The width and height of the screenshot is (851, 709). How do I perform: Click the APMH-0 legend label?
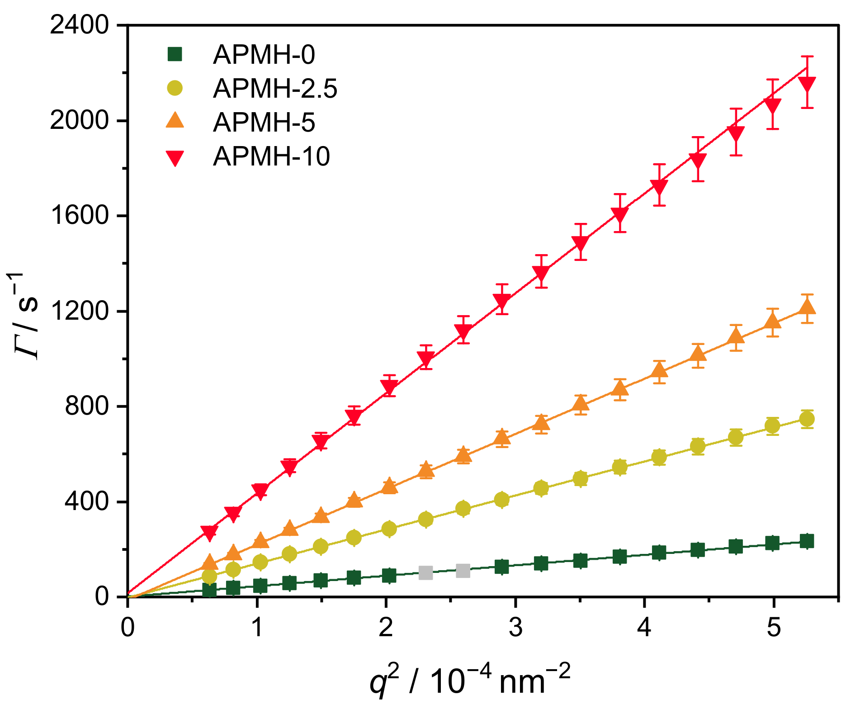click(x=264, y=55)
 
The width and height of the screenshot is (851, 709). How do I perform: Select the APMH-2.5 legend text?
click(x=275, y=88)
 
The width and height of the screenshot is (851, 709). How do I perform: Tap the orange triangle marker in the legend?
click(x=175, y=121)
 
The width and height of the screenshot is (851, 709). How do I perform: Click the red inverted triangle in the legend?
click(x=175, y=157)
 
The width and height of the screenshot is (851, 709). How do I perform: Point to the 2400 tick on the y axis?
click(x=80, y=26)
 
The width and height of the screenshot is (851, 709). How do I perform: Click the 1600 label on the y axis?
click(x=80, y=216)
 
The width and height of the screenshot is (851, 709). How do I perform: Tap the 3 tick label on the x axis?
click(x=515, y=628)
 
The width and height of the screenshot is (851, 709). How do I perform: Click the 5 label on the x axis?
click(x=773, y=628)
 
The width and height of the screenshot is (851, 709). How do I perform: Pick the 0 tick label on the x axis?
click(x=128, y=628)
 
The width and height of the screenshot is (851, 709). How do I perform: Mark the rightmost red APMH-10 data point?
click(x=807, y=85)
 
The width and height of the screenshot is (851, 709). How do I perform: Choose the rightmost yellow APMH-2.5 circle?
click(x=807, y=419)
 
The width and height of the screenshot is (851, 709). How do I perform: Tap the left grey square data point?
click(x=425, y=572)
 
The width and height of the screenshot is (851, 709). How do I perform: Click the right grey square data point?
click(x=463, y=571)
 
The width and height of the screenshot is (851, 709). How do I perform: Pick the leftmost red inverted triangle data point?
click(x=209, y=533)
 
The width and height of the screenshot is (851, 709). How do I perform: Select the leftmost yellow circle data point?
click(x=209, y=576)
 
